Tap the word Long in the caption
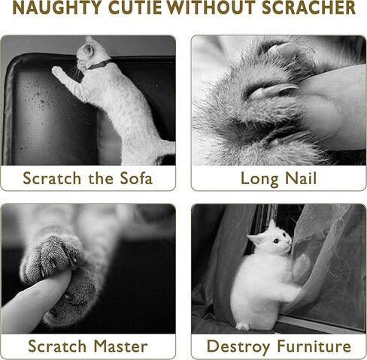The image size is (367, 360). pos(258,178)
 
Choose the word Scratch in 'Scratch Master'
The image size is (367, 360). pos(56,346)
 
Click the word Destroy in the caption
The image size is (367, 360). pos(238,346)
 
